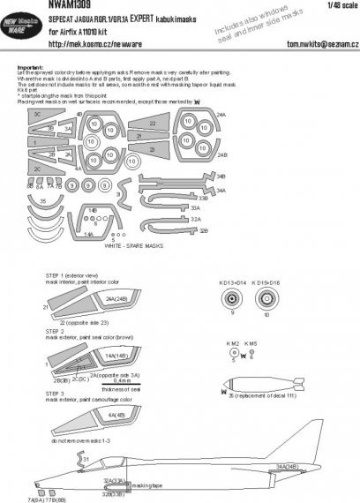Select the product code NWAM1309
(x=37, y=6)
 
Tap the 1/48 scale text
(x=342, y=6)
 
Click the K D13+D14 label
(x=230, y=282)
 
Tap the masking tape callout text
(x=143, y=484)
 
